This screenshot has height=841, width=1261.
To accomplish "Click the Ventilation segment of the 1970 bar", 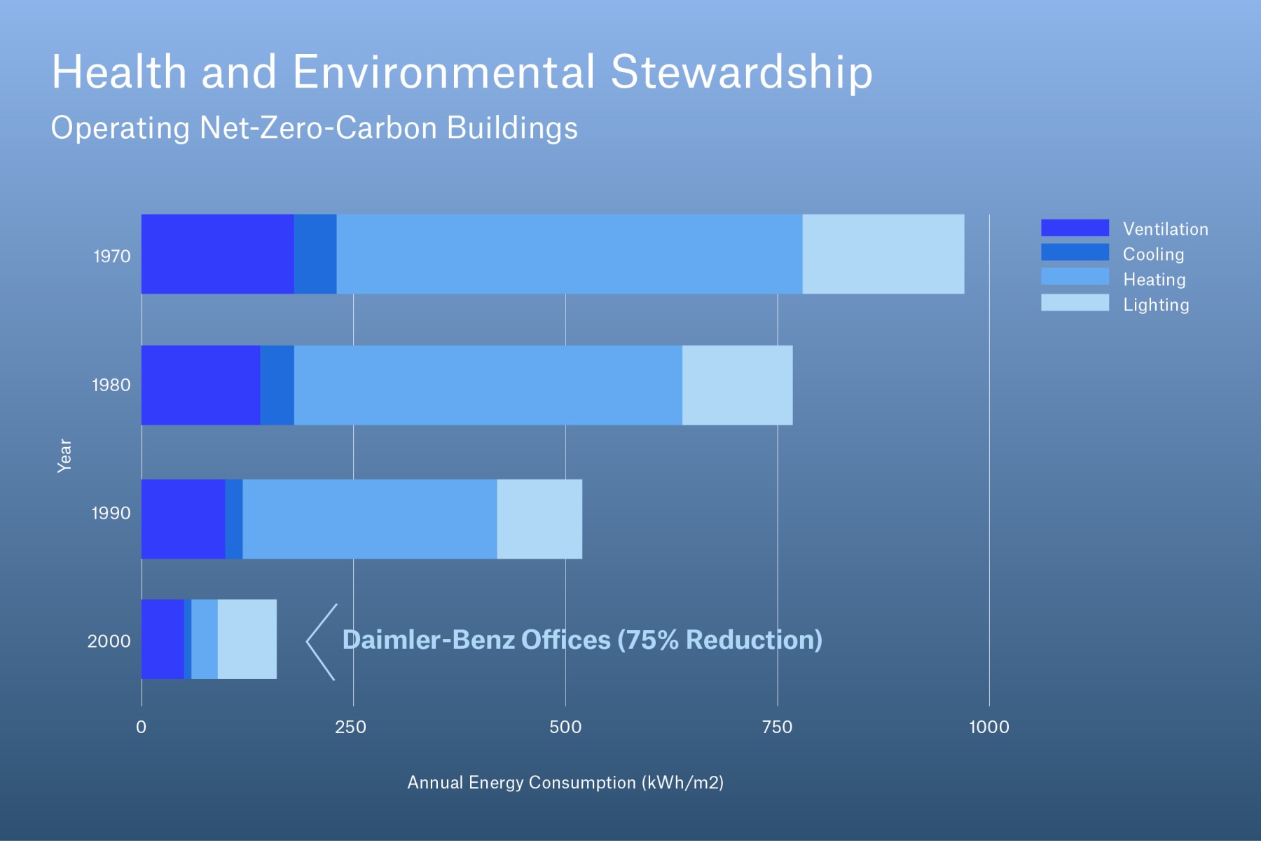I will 217,254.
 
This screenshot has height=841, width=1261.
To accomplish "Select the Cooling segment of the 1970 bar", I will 315,254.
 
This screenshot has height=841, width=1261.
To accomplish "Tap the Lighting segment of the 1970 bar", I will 883,254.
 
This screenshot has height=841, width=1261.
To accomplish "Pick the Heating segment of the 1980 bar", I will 488,385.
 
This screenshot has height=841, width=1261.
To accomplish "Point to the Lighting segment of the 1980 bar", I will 737,385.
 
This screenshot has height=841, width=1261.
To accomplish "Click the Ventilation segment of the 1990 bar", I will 183,519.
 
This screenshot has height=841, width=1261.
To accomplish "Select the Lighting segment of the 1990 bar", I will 539,519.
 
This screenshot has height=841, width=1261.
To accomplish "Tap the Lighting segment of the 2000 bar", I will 247,639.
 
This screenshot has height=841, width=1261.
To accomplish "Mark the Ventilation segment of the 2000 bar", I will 163,639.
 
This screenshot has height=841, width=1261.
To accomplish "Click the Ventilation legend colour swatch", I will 1075,228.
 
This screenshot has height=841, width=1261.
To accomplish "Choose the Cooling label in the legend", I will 1153,254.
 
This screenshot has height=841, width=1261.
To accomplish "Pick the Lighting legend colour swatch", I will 1075,303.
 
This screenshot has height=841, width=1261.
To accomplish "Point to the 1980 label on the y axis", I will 111,385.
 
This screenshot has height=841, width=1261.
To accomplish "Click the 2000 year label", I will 109,641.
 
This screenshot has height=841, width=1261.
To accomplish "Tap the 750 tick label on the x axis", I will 777,727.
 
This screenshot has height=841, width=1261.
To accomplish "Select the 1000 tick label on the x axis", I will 988,727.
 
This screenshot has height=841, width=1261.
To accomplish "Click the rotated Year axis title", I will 64,456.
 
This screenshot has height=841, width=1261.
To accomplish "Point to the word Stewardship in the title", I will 741,73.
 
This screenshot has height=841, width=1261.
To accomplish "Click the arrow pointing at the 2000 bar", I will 321,641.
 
